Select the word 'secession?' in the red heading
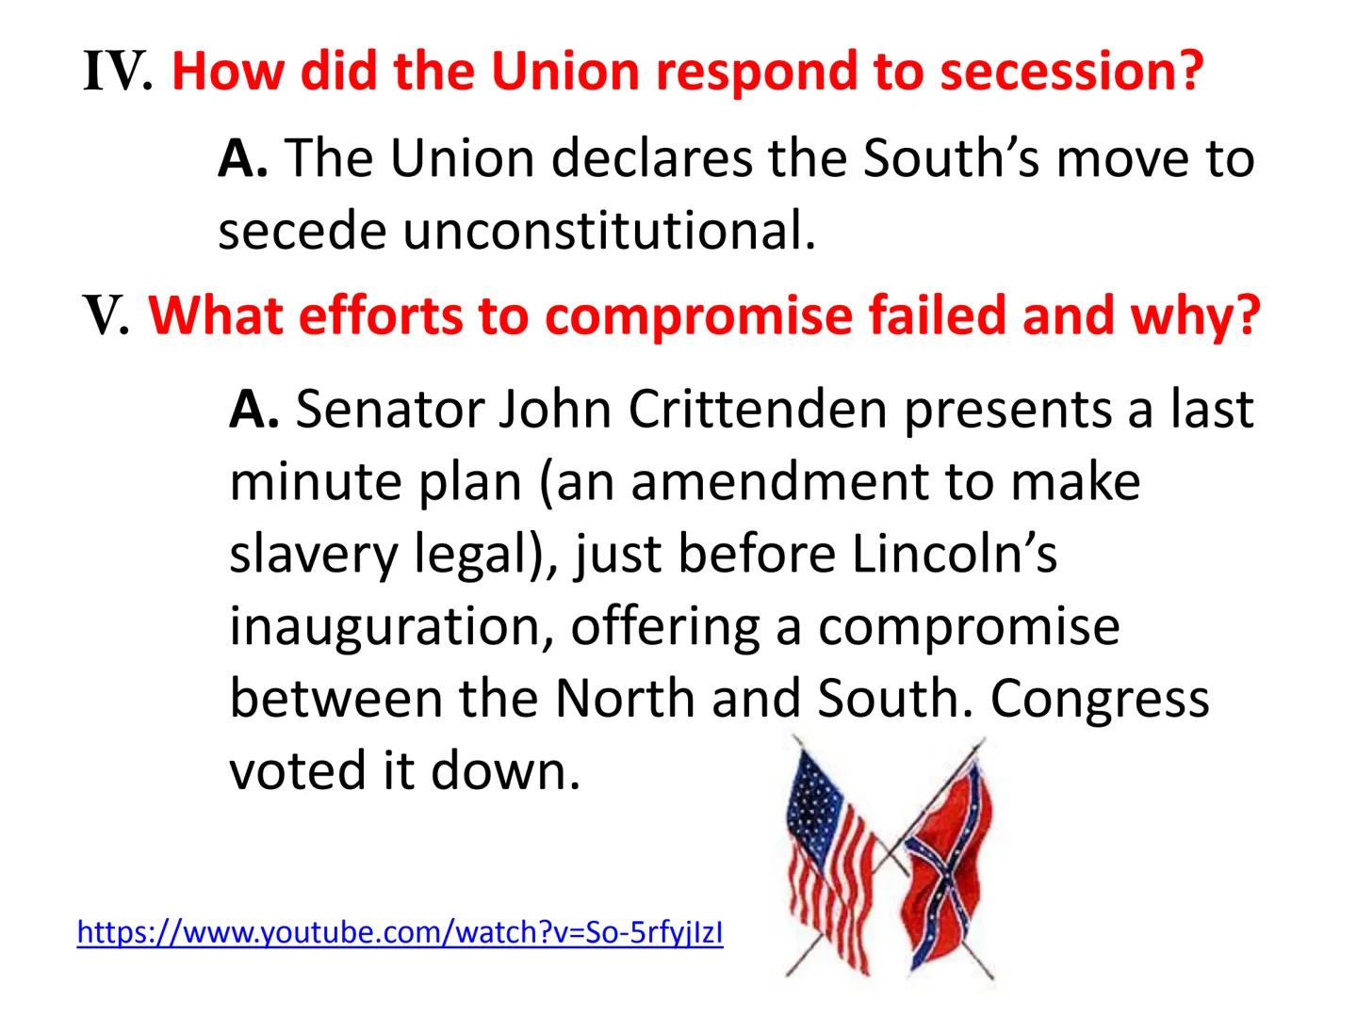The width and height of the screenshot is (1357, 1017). click(x=1071, y=72)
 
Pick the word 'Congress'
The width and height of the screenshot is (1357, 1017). click(x=1100, y=699)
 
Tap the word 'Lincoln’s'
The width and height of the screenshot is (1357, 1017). click(x=955, y=554)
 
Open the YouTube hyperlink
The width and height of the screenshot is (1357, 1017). click(x=400, y=932)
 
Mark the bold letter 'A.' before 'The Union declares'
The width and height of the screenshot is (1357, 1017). click(x=242, y=158)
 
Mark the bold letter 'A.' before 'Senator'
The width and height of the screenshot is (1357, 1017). click(x=253, y=410)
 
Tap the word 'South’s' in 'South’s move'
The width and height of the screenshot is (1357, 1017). click(x=951, y=157)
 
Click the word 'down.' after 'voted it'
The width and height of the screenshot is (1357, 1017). click(x=505, y=771)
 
